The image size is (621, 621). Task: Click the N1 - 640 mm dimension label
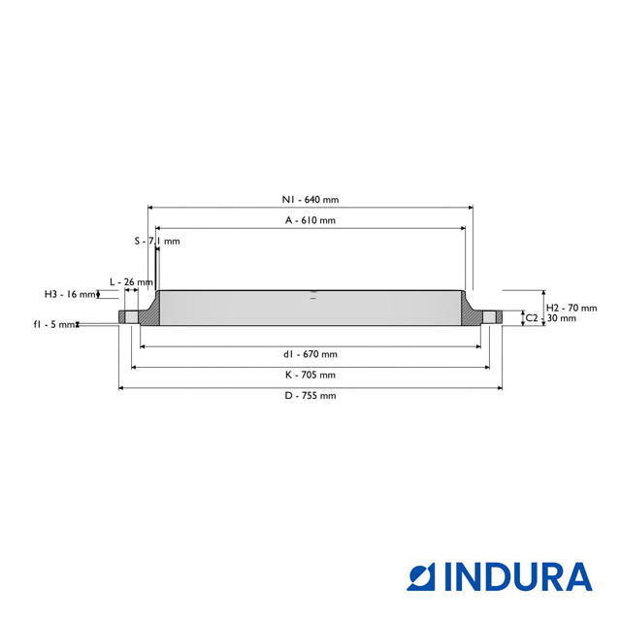click(x=310, y=200)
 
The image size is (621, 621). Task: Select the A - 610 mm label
click(x=310, y=220)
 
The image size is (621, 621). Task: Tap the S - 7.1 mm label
click(x=157, y=242)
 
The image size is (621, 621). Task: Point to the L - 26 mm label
click(x=131, y=282)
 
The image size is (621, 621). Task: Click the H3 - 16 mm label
click(x=70, y=294)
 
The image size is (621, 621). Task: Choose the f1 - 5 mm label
click(x=54, y=325)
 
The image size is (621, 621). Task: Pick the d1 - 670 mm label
click(x=310, y=354)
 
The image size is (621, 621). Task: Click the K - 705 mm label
click(x=310, y=375)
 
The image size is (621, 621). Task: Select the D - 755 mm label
click(x=310, y=395)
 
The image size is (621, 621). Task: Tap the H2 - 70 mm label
click(x=572, y=308)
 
